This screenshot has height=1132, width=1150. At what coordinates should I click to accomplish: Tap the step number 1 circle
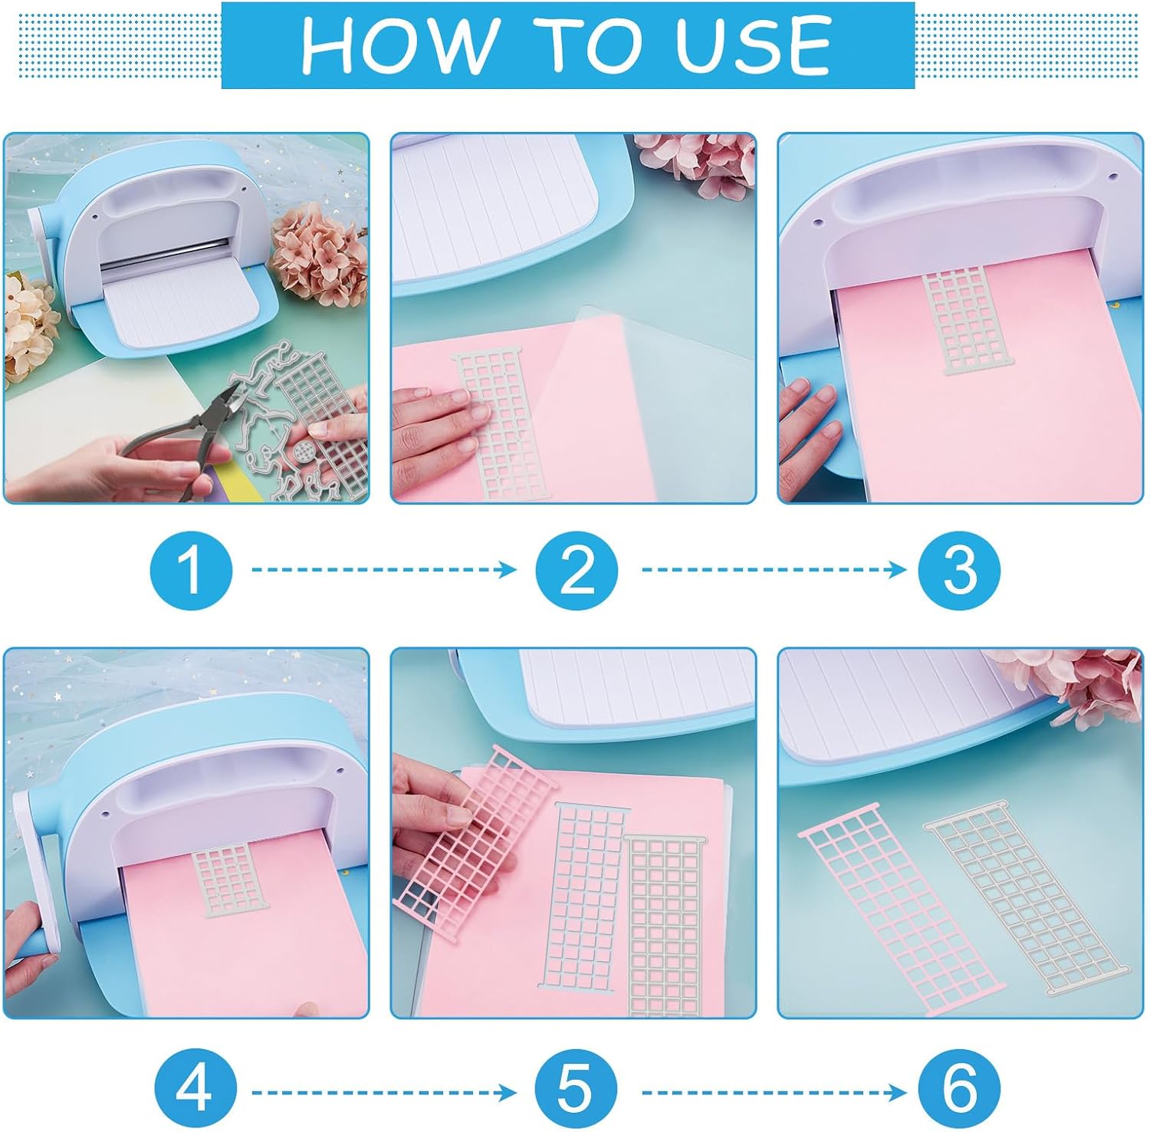pyautogui.click(x=191, y=570)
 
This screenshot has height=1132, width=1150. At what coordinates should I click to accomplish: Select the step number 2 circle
pyautogui.click(x=577, y=570)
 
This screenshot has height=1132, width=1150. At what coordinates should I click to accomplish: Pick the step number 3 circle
pyautogui.click(x=959, y=570)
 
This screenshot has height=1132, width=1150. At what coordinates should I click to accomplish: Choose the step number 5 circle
pyautogui.click(x=576, y=1089)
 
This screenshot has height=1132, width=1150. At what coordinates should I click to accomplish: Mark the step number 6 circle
pyautogui.click(x=959, y=1089)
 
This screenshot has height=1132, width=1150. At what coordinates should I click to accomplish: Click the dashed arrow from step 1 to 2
pyautogui.click(x=385, y=569)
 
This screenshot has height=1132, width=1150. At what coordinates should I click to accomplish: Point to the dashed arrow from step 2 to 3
pyautogui.click(x=774, y=569)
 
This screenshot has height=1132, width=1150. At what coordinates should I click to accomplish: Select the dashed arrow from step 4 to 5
pyautogui.click(x=385, y=1091)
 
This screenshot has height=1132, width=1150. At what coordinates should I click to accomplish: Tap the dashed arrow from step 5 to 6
pyautogui.click(x=774, y=1091)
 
